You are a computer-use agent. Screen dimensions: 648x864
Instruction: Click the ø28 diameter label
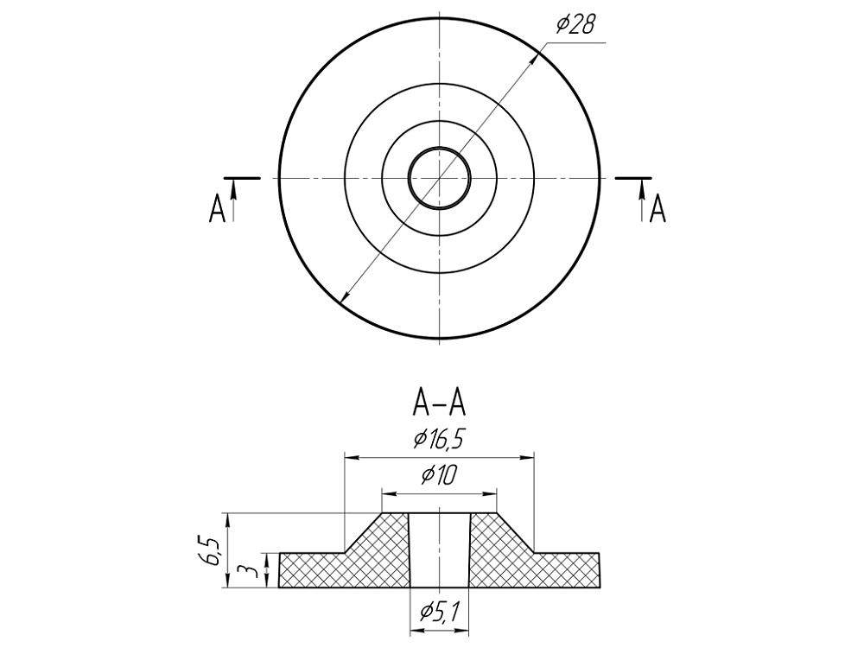(575, 25)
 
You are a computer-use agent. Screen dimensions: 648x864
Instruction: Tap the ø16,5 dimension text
(439, 440)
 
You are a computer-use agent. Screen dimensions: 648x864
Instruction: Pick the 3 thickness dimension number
(245, 571)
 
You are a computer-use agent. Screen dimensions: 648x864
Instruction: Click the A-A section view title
(439, 402)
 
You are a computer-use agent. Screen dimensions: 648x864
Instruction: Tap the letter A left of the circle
(217, 209)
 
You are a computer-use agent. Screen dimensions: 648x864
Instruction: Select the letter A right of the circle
(658, 209)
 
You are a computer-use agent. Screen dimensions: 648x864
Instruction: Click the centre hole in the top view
(439, 177)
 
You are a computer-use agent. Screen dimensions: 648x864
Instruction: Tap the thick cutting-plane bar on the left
(243, 177)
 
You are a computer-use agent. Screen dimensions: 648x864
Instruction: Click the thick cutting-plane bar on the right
(633, 177)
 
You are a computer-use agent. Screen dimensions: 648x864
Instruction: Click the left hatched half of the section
(346, 566)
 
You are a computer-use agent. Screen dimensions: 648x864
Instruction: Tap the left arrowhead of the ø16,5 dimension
(350, 458)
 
